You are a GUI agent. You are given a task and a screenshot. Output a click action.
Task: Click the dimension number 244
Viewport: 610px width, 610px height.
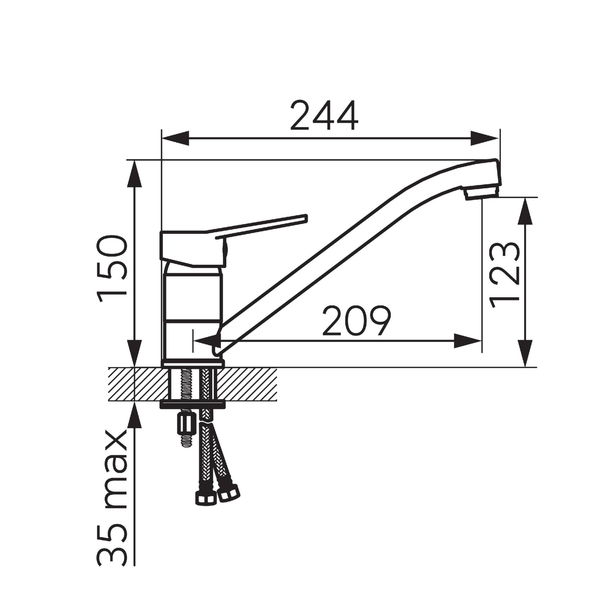click(324, 116)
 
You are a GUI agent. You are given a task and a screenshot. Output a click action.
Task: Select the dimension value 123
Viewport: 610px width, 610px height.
click(505, 275)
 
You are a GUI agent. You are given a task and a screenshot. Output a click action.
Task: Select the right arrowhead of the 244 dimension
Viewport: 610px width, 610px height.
click(484, 138)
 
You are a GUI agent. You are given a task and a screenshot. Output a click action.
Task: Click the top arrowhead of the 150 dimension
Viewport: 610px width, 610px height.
click(135, 174)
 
